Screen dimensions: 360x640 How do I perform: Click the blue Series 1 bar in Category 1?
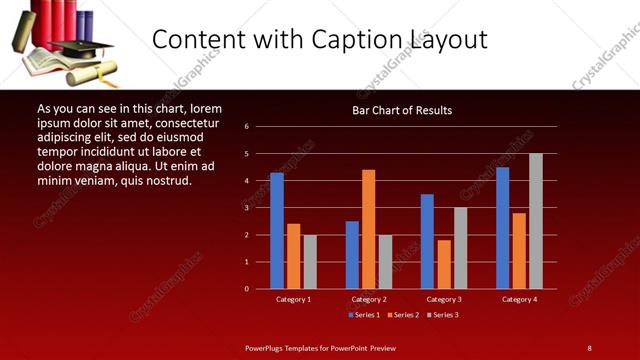pos(277,231)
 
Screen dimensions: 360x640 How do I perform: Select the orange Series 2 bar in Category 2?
pos(369,229)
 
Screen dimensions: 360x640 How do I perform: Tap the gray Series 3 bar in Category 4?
pos(536,221)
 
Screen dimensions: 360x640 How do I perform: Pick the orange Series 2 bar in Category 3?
pos(444,264)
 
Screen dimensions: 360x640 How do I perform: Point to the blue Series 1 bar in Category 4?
pos(502,228)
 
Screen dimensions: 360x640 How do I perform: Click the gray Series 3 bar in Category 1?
pos(310,262)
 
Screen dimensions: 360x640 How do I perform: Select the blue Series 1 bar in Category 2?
pos(352,255)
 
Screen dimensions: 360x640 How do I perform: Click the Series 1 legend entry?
pos(363,315)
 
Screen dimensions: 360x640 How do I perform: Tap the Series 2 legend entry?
pos(402,315)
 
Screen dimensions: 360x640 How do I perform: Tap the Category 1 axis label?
pos(293,299)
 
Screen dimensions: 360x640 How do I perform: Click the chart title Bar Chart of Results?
pos(402,109)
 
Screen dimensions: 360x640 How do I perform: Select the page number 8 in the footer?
pos(589,347)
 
